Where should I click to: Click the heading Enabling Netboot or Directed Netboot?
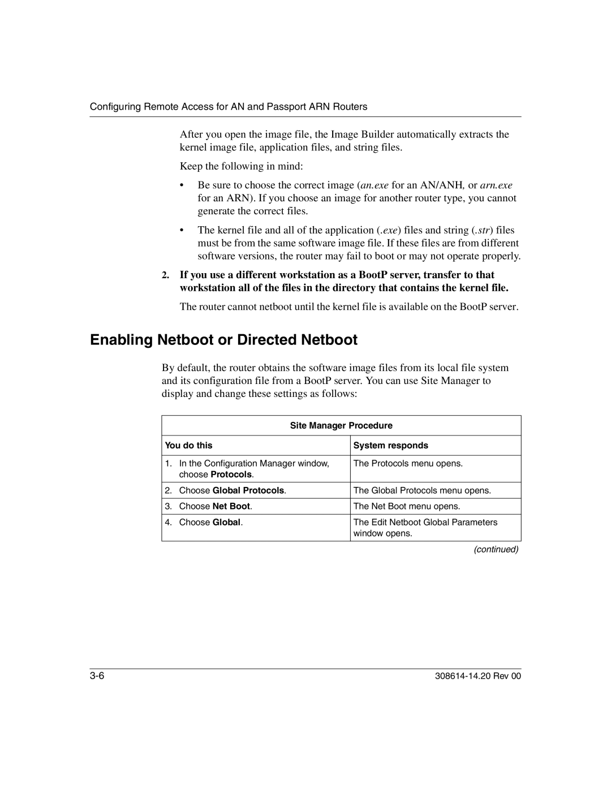(x=223, y=340)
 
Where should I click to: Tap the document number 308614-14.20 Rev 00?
(x=482, y=677)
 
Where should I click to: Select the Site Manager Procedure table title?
(x=341, y=425)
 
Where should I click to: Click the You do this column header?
(x=188, y=446)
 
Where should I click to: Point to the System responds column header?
(x=391, y=446)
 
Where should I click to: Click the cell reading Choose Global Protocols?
(x=233, y=490)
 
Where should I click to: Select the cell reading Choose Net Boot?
(x=216, y=506)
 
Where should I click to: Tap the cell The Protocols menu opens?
(x=408, y=463)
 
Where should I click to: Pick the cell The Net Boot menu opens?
(x=407, y=506)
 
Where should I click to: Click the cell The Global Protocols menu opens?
(x=422, y=490)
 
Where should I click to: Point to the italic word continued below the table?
(x=497, y=549)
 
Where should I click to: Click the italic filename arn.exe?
(x=496, y=185)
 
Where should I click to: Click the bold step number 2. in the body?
(x=165, y=275)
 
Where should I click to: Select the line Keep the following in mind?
(x=242, y=166)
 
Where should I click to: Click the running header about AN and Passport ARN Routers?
(x=229, y=106)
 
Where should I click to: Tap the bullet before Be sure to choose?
(x=183, y=185)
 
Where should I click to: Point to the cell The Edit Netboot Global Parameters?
(x=425, y=523)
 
